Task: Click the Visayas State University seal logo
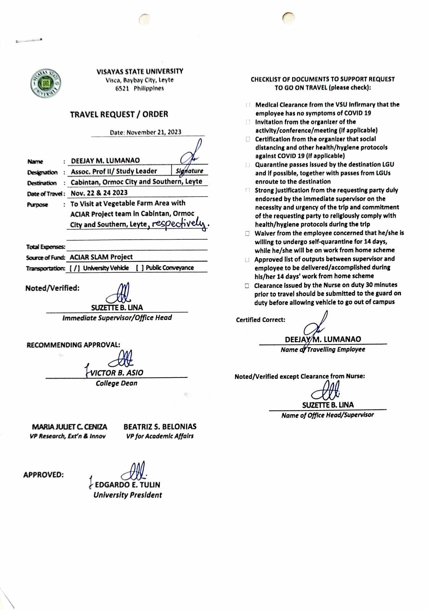(46, 83)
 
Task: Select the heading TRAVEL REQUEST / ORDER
(119, 114)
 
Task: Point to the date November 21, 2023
(154, 132)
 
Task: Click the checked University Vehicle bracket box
(75, 268)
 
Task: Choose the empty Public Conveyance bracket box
(140, 268)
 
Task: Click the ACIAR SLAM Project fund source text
(101, 257)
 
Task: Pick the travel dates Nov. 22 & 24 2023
(99, 193)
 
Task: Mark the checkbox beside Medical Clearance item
(248, 105)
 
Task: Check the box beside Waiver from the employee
(247, 233)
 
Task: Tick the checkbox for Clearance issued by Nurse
(247, 286)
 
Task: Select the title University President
(127, 495)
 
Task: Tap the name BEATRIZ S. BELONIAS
(160, 427)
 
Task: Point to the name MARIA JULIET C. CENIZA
(69, 427)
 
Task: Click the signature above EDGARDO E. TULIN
(134, 471)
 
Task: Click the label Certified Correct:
(260, 320)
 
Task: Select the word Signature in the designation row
(189, 171)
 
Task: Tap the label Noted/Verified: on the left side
(52, 288)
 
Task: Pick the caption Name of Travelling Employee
(323, 349)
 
